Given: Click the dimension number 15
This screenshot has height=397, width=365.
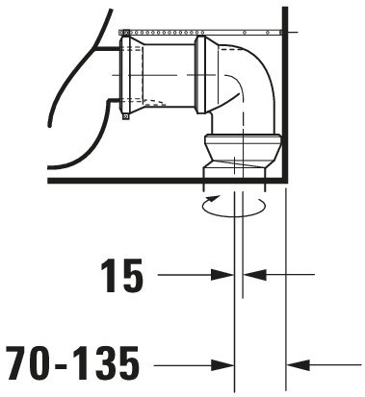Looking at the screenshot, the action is point(121,276).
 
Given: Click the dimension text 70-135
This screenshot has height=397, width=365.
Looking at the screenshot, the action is point(72,362).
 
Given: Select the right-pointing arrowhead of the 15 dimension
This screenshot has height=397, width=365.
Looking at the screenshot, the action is point(222,275).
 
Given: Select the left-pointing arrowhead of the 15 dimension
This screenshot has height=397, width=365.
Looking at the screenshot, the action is point(254,275).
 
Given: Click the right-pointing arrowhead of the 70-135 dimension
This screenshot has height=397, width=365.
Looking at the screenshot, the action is point(222,364).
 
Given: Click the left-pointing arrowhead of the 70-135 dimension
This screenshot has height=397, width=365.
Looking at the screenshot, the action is point(298,364).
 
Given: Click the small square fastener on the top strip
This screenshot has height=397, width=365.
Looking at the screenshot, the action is point(126,32).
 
